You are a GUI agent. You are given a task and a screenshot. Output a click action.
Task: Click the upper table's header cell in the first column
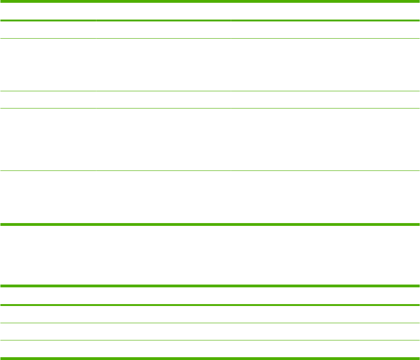point(48,12)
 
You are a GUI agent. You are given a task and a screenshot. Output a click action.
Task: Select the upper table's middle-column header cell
point(163,12)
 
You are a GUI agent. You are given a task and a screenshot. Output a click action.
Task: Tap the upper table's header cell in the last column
point(325,12)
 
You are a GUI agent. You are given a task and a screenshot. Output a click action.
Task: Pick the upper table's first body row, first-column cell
point(48,30)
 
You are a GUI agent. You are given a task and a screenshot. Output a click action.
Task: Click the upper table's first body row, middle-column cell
point(163,30)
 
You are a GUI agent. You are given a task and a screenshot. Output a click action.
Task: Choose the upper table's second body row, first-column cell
point(48,64)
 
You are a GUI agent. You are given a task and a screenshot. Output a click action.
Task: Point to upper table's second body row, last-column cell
point(325,64)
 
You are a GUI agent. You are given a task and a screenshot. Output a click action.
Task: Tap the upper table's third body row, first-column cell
point(48,99)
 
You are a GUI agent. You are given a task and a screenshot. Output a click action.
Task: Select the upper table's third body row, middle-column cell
point(163,99)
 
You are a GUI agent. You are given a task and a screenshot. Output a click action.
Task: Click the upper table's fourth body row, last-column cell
point(325,139)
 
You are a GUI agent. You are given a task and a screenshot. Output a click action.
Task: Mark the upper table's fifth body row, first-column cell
point(48,197)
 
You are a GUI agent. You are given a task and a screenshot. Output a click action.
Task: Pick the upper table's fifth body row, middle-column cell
point(163,197)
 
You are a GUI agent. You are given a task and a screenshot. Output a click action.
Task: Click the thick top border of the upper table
point(210,1)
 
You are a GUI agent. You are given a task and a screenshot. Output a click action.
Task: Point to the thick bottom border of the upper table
point(210,224)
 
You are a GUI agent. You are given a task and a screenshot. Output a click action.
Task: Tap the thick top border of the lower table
point(210,286)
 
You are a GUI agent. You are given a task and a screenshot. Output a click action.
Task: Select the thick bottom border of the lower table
point(210,358)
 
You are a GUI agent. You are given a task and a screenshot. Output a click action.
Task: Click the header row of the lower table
point(210,296)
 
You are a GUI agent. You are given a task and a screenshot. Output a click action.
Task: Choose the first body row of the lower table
point(210,314)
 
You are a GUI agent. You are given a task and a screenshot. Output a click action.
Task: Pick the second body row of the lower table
point(210,332)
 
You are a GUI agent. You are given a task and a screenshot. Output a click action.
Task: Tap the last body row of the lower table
point(210,349)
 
